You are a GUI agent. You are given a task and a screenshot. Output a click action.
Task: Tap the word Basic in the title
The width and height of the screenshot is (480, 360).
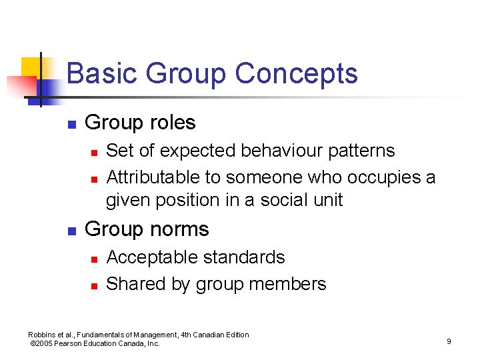(x=102, y=73)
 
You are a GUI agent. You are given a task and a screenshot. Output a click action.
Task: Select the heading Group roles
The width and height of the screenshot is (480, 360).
(x=140, y=123)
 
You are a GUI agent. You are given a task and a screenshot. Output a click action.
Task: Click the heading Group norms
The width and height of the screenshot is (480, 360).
(x=147, y=229)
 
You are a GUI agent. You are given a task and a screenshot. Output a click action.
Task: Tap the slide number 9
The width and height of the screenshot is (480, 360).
(x=449, y=341)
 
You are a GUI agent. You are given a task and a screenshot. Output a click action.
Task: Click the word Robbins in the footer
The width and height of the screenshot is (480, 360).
(x=43, y=335)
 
